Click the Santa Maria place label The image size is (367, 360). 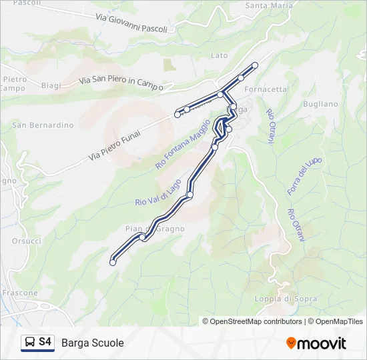(269, 5)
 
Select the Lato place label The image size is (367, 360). (219, 55)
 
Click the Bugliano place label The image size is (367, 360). (320, 104)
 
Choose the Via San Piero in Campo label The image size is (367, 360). (121, 81)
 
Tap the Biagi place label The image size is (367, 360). (51, 85)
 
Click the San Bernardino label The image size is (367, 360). (43, 125)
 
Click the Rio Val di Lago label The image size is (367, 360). (158, 193)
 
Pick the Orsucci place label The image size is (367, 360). (26, 241)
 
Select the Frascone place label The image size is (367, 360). (20, 293)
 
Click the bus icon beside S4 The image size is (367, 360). (30, 342)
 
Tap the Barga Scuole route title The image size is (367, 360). (92, 343)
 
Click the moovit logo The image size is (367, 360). (316, 343)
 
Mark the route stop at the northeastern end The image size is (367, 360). (255, 65)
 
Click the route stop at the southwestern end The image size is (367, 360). (112, 263)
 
